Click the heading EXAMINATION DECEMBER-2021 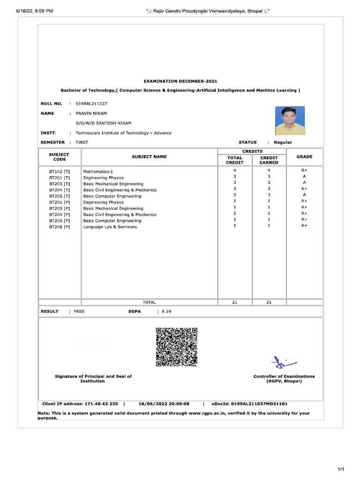tap(180, 81)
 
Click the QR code tap(177, 347)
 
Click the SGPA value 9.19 tap(166, 311)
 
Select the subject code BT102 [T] tap(60, 172)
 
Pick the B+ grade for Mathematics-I tap(304, 170)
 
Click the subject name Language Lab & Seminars tap(110, 227)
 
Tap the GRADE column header tap(304, 157)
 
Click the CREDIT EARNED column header tap(269, 160)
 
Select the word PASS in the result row tap(79, 311)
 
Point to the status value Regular tap(283, 142)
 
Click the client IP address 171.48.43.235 tap(100, 403)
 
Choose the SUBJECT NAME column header tap(149, 157)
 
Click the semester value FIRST tap(82, 142)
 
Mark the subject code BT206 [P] tap(60, 227)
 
